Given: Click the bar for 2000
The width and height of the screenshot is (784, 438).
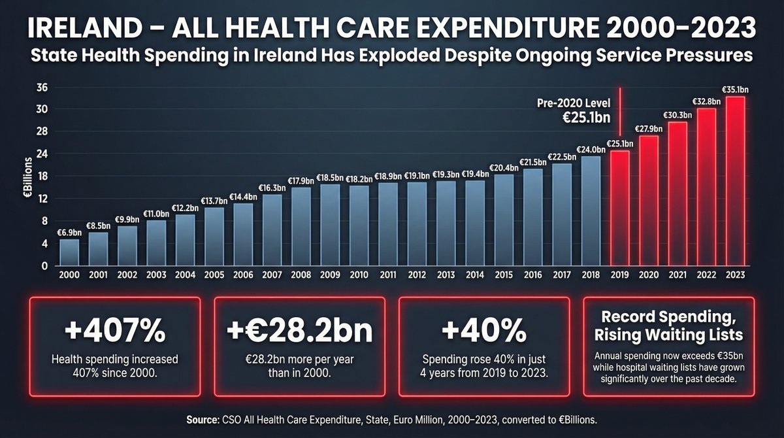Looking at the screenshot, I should point(69,252).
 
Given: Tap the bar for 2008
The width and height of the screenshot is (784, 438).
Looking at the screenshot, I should point(301,227).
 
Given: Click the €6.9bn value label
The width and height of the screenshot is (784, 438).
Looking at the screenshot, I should point(69,232).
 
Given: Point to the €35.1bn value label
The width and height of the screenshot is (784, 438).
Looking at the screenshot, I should point(735,90).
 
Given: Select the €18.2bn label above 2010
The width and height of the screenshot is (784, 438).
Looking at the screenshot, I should point(359,178).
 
